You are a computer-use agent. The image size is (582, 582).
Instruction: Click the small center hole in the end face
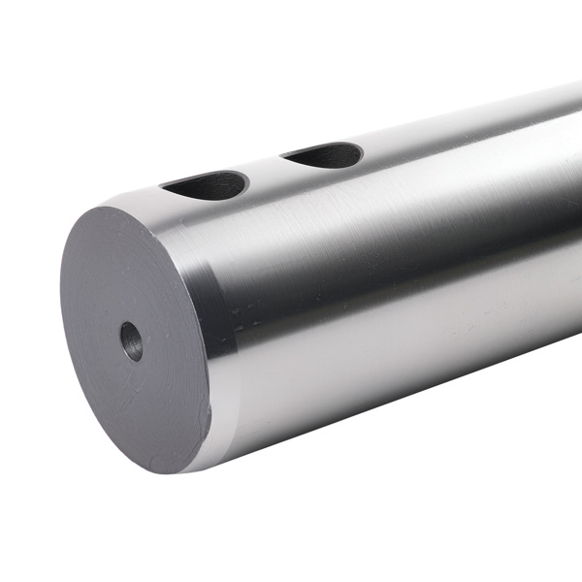point(131,340)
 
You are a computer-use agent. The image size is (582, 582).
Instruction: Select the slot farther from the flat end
point(324,154)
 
